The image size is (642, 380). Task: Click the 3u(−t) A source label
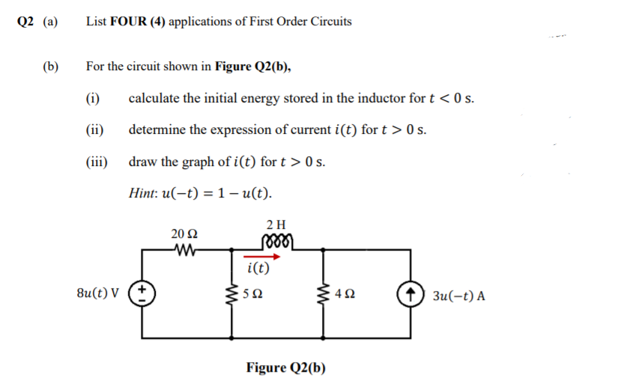coord(458,295)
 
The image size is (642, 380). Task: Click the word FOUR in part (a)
coord(129,22)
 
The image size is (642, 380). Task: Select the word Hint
coord(142,193)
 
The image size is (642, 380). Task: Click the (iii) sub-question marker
coord(97,162)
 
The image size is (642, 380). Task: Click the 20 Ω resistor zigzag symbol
coord(183,248)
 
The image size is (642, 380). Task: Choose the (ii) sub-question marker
coord(95,130)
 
